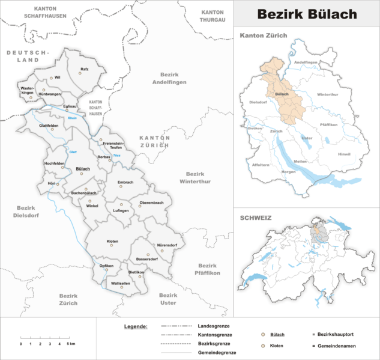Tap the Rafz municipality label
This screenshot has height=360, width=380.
point(85,69)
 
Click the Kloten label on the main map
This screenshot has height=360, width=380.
point(112,241)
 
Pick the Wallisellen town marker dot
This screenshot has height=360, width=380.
point(122,287)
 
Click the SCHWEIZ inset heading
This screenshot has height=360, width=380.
point(256,218)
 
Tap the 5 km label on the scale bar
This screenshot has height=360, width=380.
point(70,344)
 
